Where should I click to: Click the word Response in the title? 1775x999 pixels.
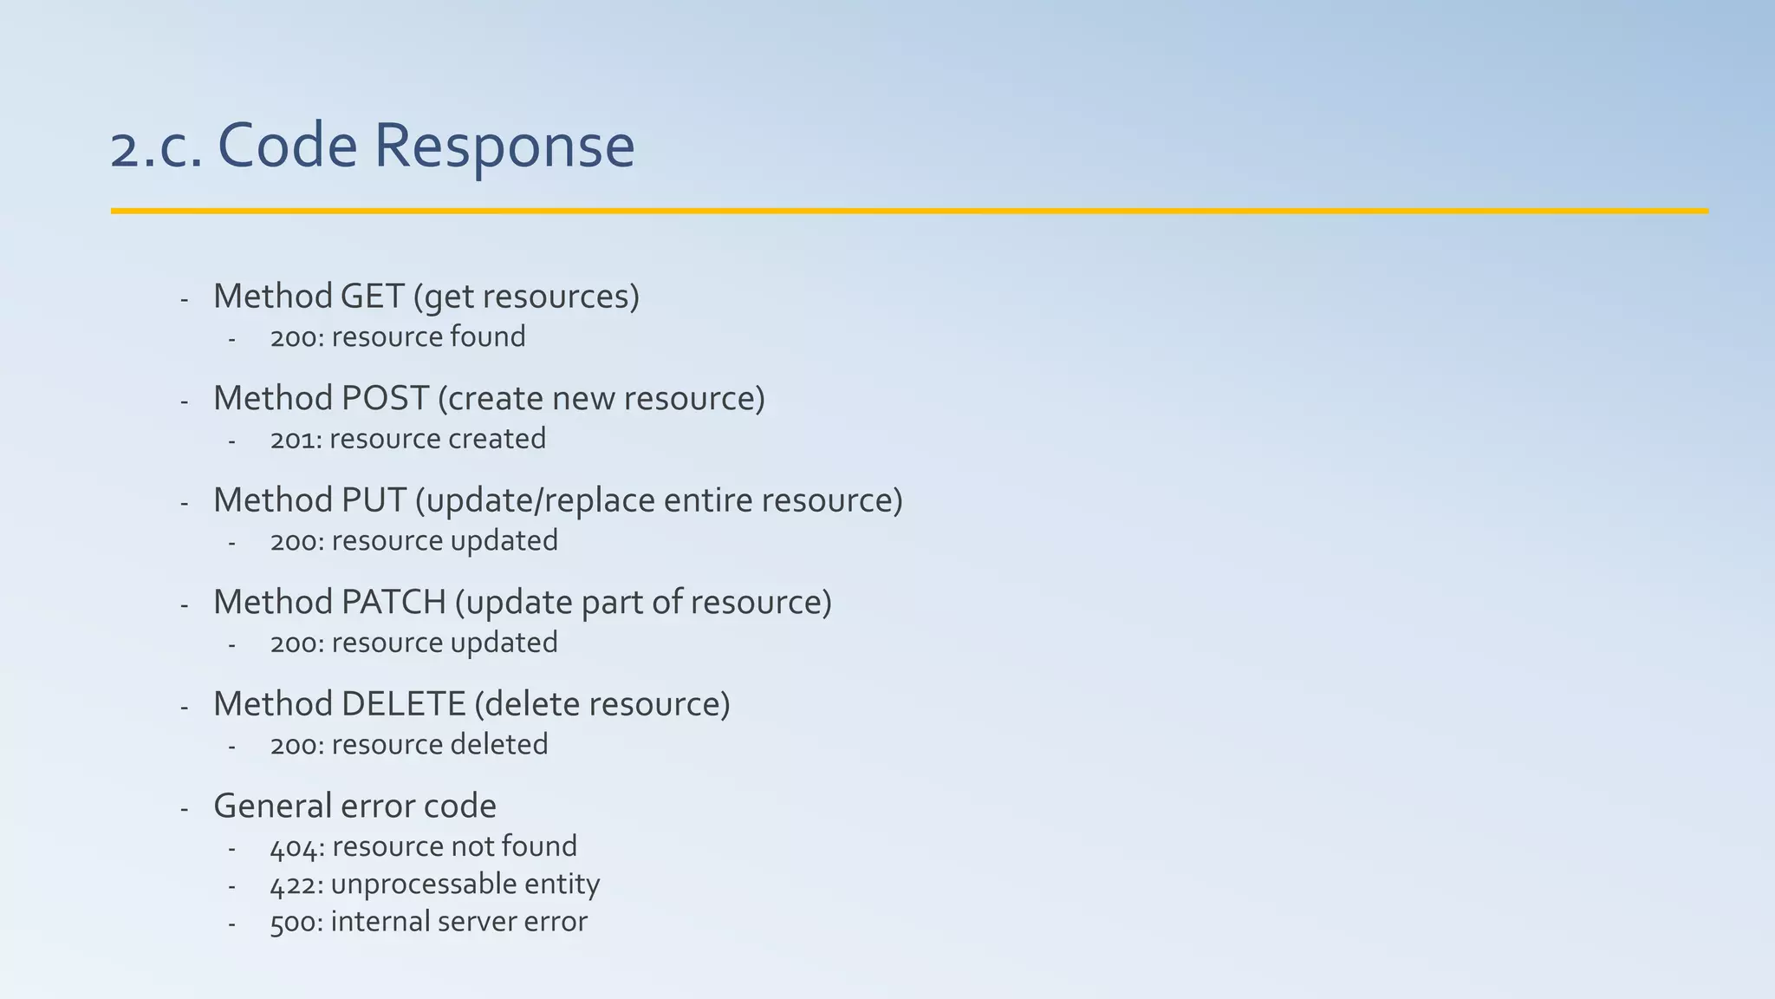click(504, 146)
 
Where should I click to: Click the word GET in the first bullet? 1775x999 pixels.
click(372, 297)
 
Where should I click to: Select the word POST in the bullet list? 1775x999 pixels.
click(385, 398)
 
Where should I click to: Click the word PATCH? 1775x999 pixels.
click(393, 602)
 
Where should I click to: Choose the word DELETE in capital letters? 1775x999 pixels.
click(403, 704)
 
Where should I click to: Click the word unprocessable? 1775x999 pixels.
click(411, 885)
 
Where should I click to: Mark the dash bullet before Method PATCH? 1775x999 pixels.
click(185, 604)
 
